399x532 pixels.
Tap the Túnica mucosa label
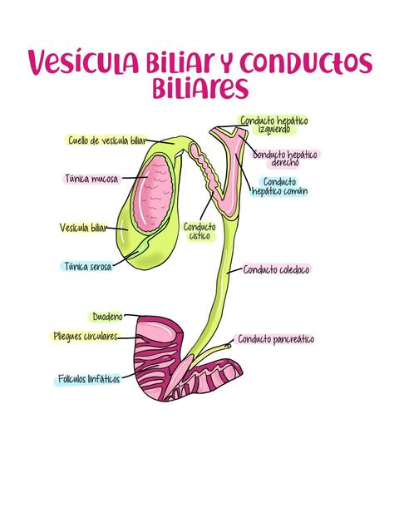coord(91,179)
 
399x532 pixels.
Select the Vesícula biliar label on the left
coord(83,227)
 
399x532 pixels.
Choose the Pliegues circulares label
coord(84,337)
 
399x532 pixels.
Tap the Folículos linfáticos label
coord(88,379)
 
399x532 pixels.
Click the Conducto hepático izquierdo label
coord(273,125)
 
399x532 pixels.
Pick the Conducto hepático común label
coord(279,186)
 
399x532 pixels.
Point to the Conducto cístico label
coord(199,230)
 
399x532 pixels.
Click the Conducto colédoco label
coord(277,269)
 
